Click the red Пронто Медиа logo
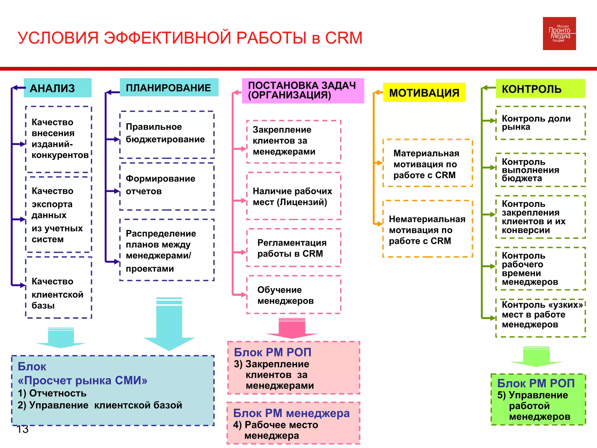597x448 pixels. point(559,34)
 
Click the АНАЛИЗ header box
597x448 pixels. point(58,88)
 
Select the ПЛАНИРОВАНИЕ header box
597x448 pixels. point(169,87)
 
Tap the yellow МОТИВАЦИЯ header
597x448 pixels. point(424,92)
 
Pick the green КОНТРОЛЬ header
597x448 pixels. point(540,89)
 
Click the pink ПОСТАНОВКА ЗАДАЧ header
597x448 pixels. point(303,90)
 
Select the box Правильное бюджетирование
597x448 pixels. point(167,134)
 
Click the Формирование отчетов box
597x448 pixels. point(167,186)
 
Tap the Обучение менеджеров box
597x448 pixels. point(294,295)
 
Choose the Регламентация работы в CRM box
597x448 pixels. point(294,248)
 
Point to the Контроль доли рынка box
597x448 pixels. point(540,123)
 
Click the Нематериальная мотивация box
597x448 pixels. point(427,229)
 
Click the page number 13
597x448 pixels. point(22,429)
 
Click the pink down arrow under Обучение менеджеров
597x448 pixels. point(292,328)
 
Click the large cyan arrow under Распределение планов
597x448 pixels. point(169,324)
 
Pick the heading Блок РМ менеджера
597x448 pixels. point(291,413)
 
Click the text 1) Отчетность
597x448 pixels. point(52,393)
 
